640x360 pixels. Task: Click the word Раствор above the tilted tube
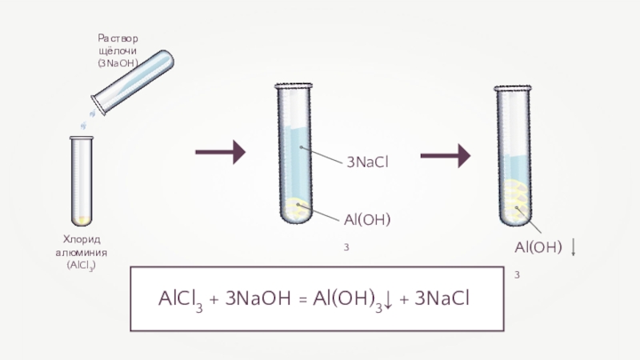[x=118, y=38]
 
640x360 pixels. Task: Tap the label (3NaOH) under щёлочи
[x=118, y=62]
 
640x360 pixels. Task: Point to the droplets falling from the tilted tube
[x=86, y=120]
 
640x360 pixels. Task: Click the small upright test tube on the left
[x=82, y=180]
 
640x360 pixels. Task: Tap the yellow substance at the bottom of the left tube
[x=82, y=218]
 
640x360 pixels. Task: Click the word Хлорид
[x=81, y=240]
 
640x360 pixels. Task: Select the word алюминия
[x=81, y=253]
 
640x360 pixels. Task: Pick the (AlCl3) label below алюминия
[x=81, y=266]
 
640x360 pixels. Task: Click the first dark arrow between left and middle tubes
[x=221, y=150]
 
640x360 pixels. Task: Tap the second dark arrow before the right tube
[x=445, y=156]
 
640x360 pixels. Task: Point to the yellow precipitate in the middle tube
[x=297, y=209]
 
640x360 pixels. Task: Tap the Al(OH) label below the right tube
[x=538, y=246]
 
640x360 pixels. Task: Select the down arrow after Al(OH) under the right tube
[x=575, y=247]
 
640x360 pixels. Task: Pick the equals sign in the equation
[x=302, y=300]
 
